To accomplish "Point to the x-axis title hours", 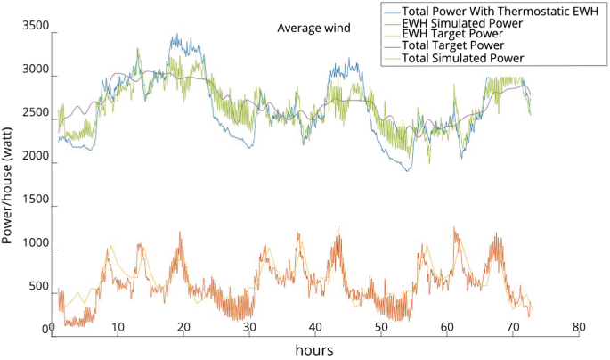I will coord(314,350).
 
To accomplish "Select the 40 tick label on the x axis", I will coord(314,327).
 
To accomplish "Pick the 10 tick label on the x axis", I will coord(118,327).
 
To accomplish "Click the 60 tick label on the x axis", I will coord(446,327).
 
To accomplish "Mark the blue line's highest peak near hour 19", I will coord(175,36).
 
